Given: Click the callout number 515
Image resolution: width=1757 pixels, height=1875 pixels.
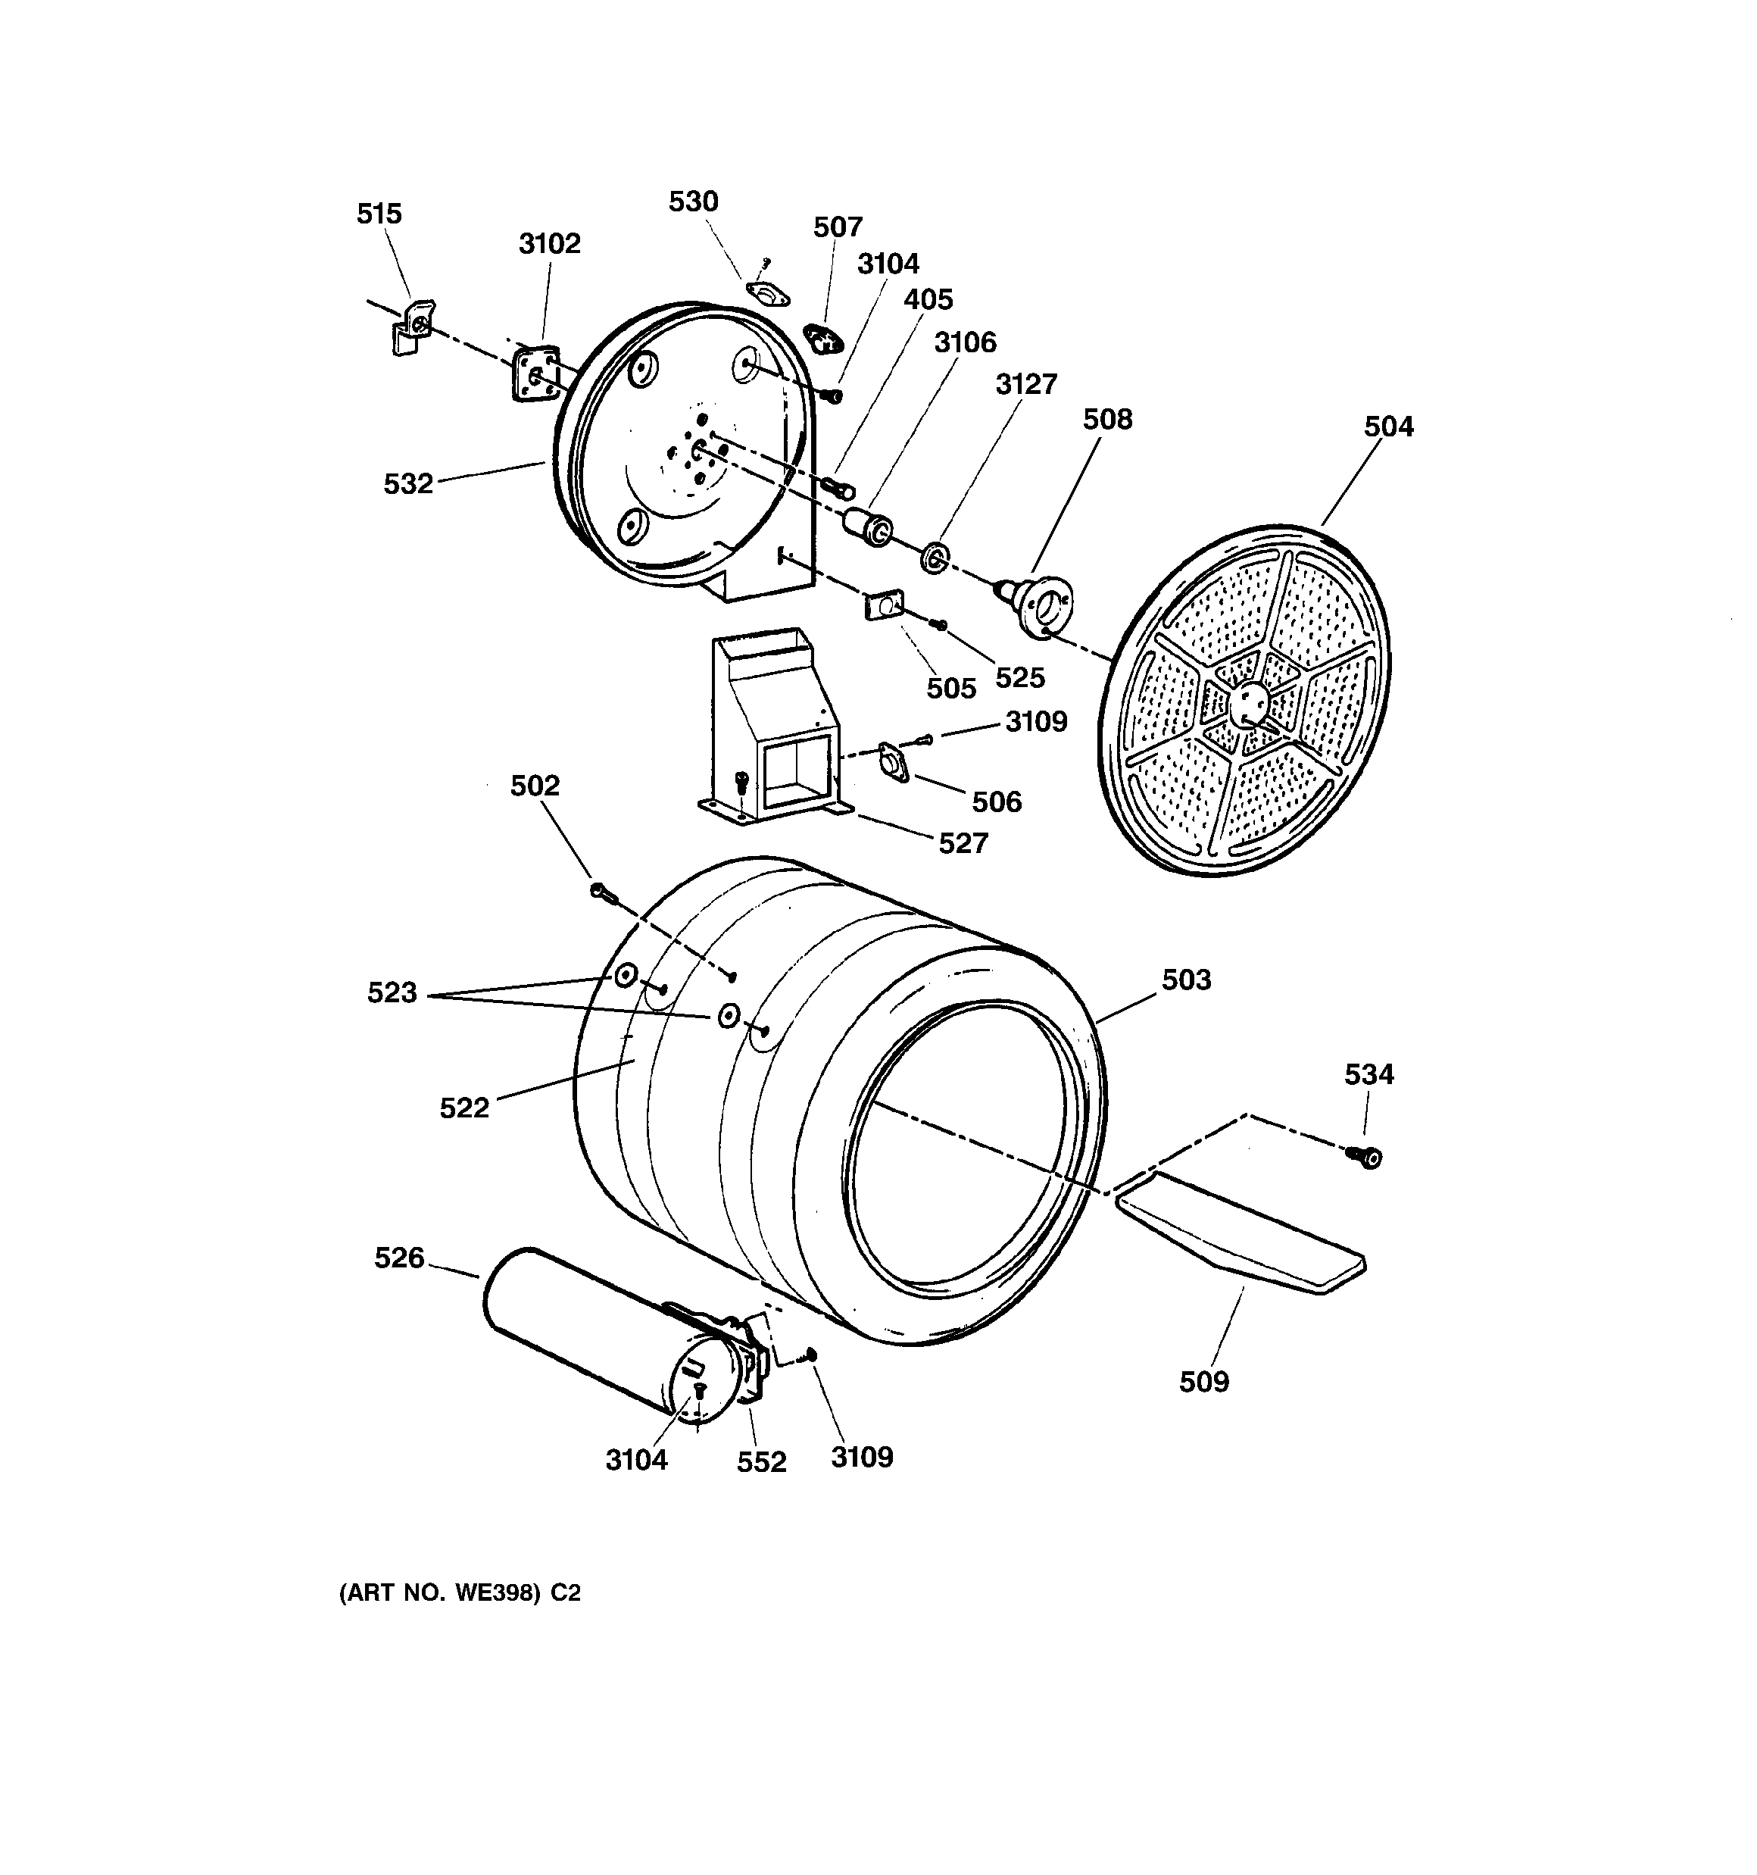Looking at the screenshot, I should pyautogui.click(x=379, y=214).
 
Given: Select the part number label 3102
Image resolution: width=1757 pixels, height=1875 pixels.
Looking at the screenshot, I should pyautogui.click(x=549, y=244).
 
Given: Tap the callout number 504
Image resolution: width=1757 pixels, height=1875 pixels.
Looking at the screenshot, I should pyautogui.click(x=1388, y=427).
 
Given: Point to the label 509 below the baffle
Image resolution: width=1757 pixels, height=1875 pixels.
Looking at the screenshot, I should pyautogui.click(x=1203, y=1382).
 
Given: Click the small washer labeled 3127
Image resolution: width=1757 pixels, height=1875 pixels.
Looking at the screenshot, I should pyautogui.click(x=935, y=558).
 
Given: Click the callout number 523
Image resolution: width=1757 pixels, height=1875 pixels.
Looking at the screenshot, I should pyautogui.click(x=392, y=993).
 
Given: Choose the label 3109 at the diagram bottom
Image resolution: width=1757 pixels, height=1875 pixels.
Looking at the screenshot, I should pyautogui.click(x=861, y=1457).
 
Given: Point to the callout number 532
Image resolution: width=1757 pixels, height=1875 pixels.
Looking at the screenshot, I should pyautogui.click(x=407, y=484).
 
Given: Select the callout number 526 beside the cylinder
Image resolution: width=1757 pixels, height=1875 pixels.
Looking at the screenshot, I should pyautogui.click(x=399, y=1258).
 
